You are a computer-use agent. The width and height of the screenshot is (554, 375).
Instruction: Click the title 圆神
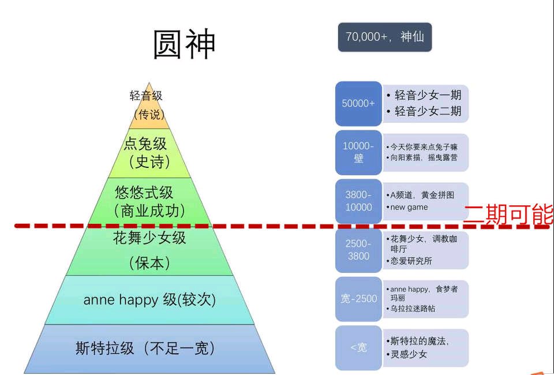tap(184, 44)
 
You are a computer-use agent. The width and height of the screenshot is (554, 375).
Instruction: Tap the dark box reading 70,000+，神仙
tap(384, 37)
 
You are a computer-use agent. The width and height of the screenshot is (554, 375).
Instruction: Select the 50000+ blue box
tap(358, 103)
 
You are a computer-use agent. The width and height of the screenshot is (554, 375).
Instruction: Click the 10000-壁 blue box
tap(358, 152)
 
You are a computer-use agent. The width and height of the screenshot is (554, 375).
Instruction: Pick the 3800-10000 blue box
tap(358, 201)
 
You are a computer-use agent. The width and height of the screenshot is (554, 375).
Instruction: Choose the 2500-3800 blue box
tap(358, 250)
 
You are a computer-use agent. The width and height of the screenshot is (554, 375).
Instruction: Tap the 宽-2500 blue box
tap(358, 299)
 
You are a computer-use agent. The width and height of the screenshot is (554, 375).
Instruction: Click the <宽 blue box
tap(358, 347)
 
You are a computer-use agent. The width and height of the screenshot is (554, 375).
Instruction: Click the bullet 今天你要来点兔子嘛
tap(424, 147)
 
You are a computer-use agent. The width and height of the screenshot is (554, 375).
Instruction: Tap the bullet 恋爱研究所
tap(411, 261)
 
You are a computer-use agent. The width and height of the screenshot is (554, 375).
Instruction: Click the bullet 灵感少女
tap(409, 354)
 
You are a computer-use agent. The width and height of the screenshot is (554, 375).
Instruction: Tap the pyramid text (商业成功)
tap(150, 211)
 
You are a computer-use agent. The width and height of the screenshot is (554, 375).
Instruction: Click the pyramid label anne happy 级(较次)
tap(149, 300)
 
